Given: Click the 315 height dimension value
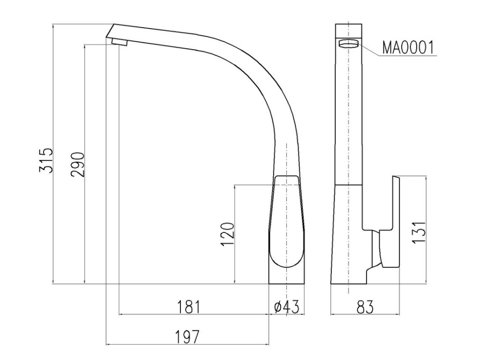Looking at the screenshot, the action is click(x=46, y=161).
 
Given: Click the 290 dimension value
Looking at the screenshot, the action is click(x=77, y=165).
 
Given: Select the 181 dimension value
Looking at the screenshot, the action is click(x=189, y=307).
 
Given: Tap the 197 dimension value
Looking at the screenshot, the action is click(x=187, y=337).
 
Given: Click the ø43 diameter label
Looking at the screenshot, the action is click(x=286, y=307).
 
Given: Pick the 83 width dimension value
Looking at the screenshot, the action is click(x=365, y=307).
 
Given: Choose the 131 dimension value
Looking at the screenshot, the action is click(x=419, y=232).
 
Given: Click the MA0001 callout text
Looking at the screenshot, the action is click(x=408, y=47).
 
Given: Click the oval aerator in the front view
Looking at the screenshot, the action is click(x=349, y=44).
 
